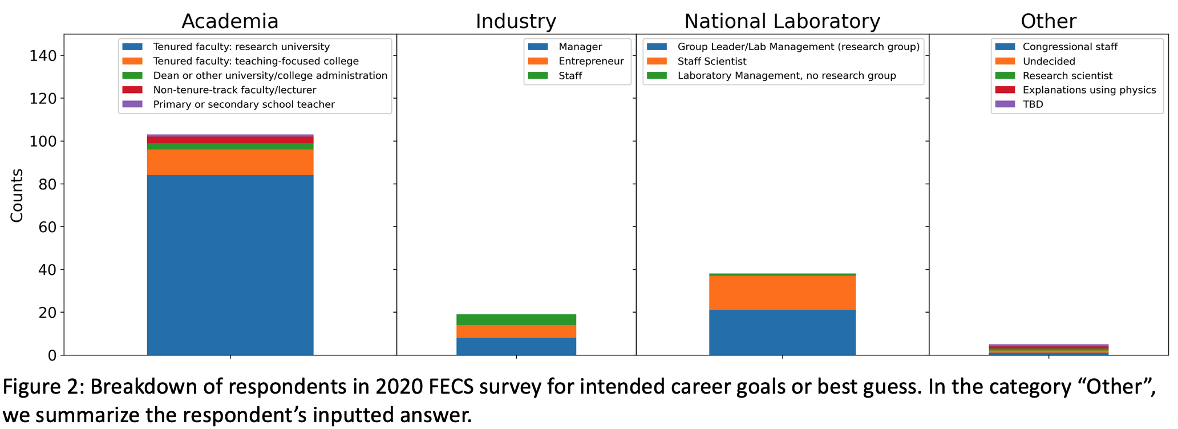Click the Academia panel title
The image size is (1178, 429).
[230, 21]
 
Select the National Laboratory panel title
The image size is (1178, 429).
[782, 21]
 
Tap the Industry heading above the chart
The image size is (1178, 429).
[516, 21]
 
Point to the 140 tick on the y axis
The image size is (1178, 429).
[44, 56]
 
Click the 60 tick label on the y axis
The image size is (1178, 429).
[44, 227]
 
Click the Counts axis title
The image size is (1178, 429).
[17, 195]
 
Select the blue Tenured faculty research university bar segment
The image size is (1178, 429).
[230, 265]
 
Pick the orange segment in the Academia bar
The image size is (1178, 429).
[230, 162]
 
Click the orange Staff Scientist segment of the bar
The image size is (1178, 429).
[782, 293]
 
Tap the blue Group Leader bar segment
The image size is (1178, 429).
[782, 333]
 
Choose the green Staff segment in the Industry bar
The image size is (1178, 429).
[516, 319]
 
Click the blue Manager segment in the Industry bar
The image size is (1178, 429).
[516, 346]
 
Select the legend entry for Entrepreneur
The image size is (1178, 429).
[590, 62]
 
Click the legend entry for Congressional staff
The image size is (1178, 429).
[1070, 47]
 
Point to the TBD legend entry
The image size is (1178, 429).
[1033, 104]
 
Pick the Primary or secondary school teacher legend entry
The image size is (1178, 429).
[244, 104]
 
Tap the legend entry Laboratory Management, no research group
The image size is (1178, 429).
[786, 76]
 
